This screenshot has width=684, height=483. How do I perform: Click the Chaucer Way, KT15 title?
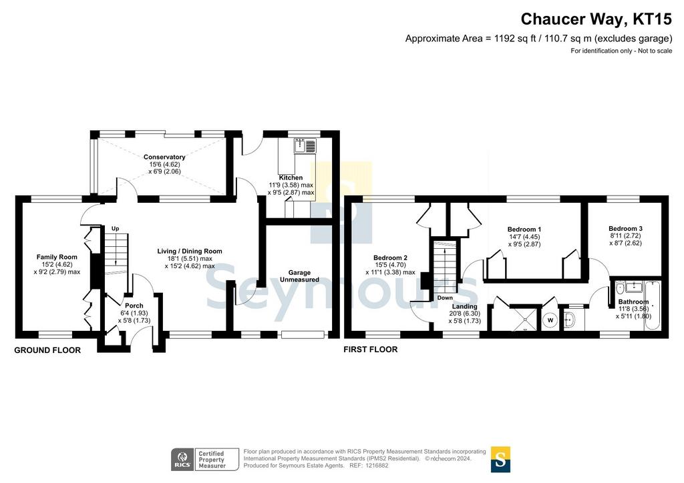coord(596,19)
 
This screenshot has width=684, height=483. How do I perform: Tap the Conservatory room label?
coord(164,157)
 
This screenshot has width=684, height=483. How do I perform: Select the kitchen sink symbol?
coord(305,146)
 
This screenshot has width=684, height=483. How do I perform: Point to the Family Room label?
coord(57,257)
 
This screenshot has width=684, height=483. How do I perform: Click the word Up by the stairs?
coord(115,229)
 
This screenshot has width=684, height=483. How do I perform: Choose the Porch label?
coord(134,306)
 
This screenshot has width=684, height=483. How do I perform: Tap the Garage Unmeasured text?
coord(299,276)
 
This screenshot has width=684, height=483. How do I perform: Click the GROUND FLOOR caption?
coord(47,350)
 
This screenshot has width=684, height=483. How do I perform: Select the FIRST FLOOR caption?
coord(370,350)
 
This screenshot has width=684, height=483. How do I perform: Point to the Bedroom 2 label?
coord(390,258)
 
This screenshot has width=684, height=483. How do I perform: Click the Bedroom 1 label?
coord(524,229)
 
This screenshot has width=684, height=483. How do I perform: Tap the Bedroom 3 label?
coord(625,229)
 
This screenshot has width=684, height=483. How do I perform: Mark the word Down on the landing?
coord(445,298)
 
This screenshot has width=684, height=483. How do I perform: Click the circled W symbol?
coord(550,320)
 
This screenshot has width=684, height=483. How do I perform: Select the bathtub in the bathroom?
coord(653,306)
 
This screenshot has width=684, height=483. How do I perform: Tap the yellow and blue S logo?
coord(500,460)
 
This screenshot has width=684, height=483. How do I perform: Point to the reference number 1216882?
coord(377,466)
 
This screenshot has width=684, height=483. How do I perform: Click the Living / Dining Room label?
coord(190,252)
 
